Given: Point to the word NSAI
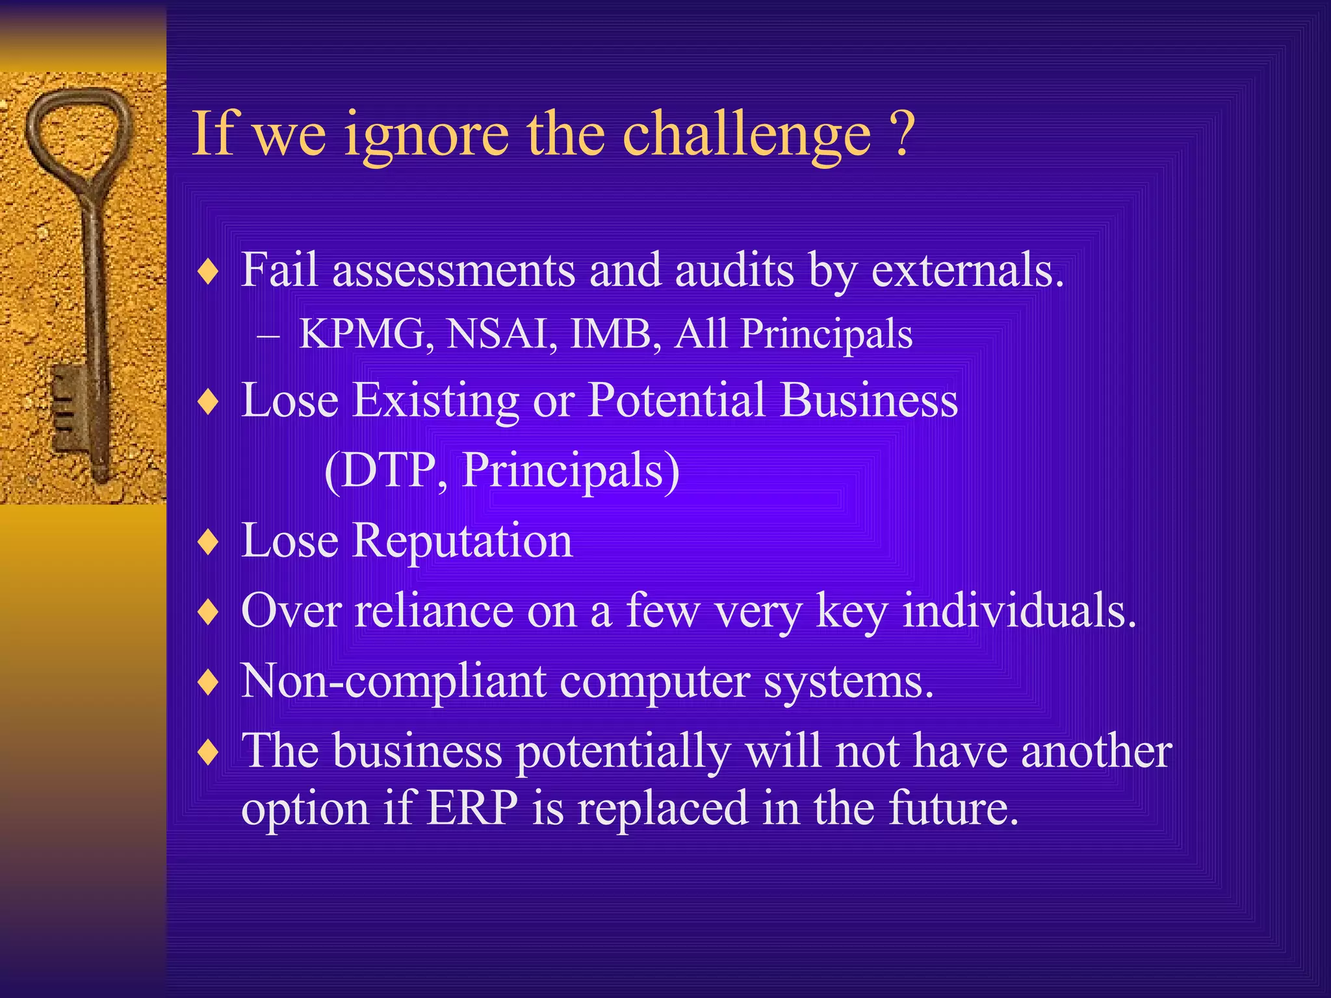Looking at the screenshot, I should click(501, 334).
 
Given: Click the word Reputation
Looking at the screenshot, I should click(462, 541).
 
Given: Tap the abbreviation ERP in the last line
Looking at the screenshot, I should click(472, 808).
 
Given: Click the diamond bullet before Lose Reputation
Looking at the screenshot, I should click(208, 541).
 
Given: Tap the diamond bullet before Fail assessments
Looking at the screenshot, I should click(208, 271).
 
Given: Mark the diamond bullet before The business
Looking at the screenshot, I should click(208, 752).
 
